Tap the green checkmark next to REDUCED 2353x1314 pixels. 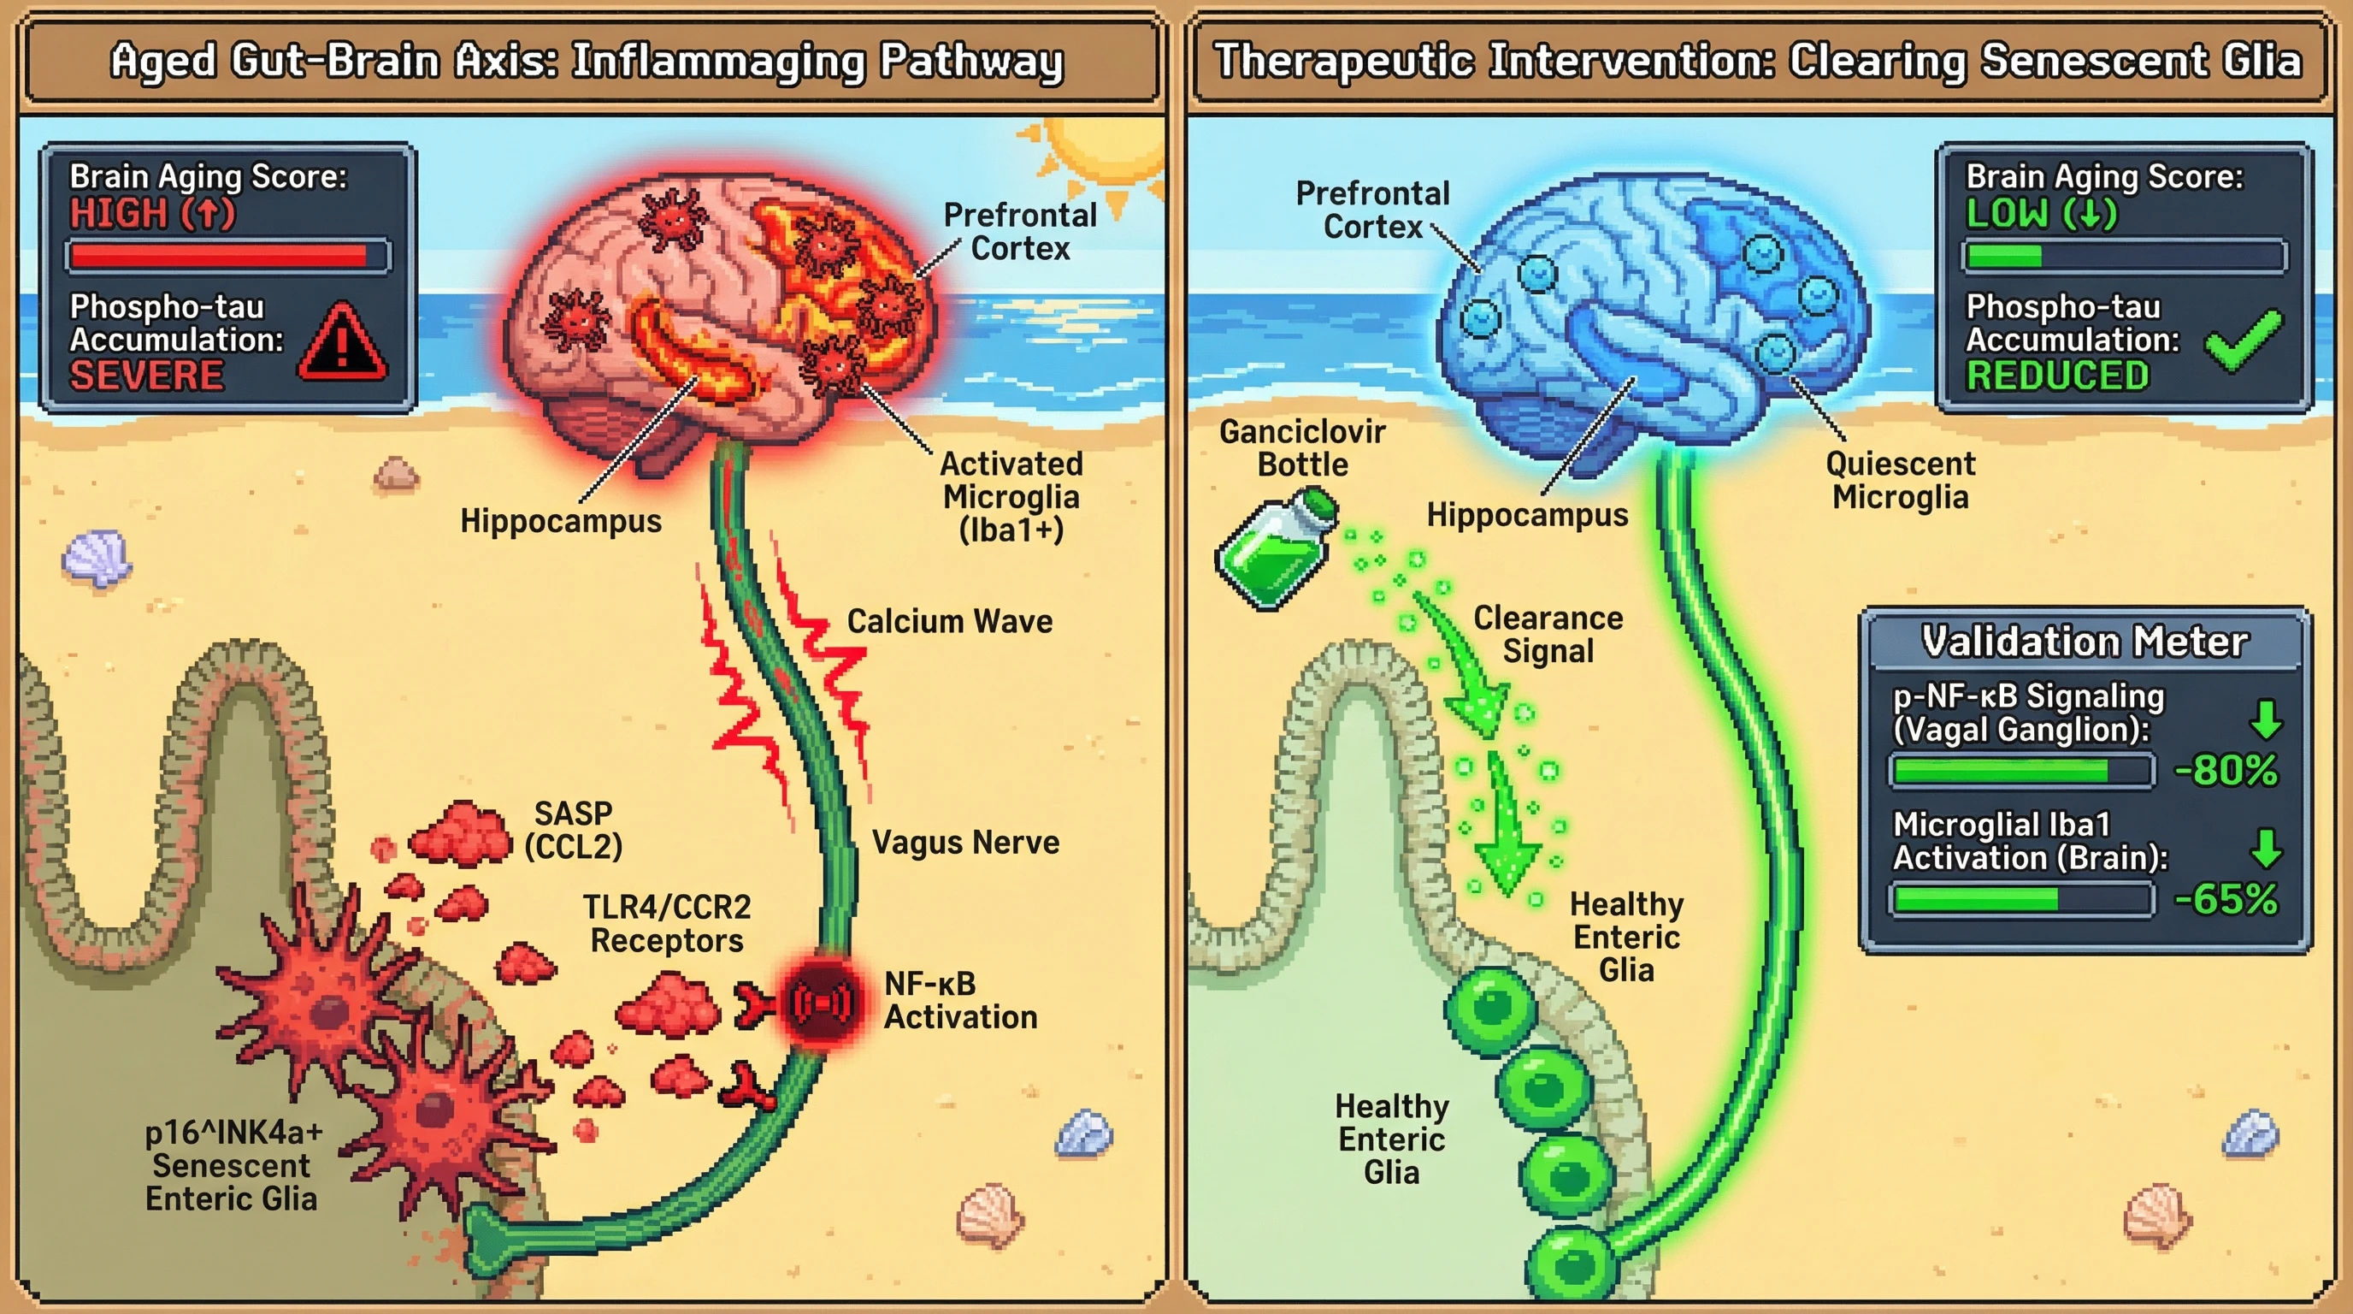(2243, 341)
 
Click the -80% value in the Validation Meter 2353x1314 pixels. (2226, 770)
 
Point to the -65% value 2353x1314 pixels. (2226, 899)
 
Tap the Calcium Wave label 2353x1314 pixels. (949, 621)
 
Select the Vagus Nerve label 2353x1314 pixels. (965, 843)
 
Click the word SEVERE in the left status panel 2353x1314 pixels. (147, 376)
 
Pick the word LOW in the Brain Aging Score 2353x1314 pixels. (2006, 214)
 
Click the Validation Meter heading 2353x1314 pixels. (2085, 642)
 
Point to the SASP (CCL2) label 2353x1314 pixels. (574, 830)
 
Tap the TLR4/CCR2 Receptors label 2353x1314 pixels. (667, 924)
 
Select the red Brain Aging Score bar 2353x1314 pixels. (219, 256)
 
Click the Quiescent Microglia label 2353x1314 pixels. (1900, 481)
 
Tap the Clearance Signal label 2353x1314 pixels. (1548, 634)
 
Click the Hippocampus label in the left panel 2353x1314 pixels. (560, 521)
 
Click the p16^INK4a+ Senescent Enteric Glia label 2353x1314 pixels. (232, 1165)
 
